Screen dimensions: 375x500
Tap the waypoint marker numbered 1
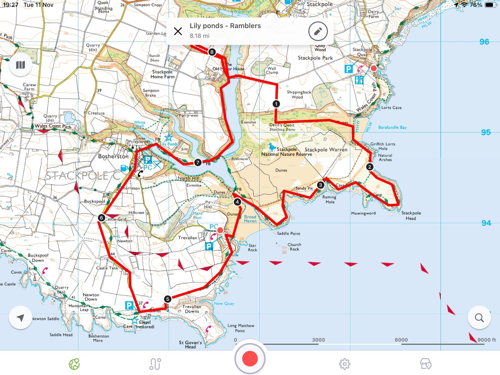[276, 104]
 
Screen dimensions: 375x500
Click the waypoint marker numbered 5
[168, 299]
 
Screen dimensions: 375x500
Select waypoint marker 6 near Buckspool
[102, 218]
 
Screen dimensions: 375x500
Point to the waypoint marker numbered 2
[370, 167]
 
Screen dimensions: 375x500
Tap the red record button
[250, 359]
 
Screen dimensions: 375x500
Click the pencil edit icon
[318, 32]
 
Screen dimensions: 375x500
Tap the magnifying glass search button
[479, 318]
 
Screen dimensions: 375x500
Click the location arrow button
[20, 318]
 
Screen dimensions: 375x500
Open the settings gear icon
[344, 364]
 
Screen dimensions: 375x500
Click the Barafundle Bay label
[392, 127]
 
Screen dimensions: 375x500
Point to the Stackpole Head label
[411, 216]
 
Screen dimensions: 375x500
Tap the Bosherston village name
[113, 157]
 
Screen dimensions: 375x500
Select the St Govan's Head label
[190, 345]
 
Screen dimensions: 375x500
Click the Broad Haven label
[250, 219]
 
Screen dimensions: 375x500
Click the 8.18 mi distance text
[199, 36]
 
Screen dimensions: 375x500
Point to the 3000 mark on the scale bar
[318, 340]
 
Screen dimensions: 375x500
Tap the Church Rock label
[294, 247]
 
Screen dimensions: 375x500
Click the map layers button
[20, 65]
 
